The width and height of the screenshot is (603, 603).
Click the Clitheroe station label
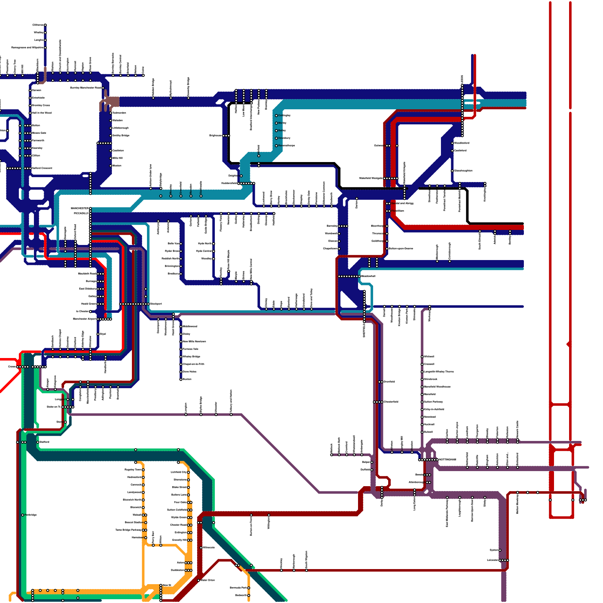[38, 25]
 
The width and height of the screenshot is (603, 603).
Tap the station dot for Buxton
[181, 379]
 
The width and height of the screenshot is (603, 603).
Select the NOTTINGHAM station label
[447, 460]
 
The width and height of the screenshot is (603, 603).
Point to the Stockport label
[156, 304]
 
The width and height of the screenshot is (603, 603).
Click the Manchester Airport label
[84, 319]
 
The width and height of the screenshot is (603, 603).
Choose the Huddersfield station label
[229, 184]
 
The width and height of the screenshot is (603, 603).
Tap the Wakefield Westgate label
[371, 178]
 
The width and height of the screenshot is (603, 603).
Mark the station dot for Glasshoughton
[452, 171]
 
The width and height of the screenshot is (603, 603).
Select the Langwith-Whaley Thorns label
[439, 372]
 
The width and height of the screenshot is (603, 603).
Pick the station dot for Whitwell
[422, 357]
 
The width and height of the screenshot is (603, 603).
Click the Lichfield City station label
[178, 472]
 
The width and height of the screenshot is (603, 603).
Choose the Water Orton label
[208, 580]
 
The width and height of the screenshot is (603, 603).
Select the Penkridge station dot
[23, 515]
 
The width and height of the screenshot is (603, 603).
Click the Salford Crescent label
[42, 168]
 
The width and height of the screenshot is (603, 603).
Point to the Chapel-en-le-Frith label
[193, 364]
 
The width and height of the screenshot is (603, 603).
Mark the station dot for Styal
[98, 334]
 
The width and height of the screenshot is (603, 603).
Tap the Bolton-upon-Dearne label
[401, 249]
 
